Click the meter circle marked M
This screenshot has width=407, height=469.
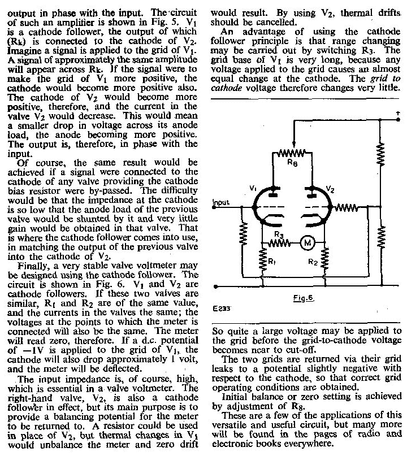click(309, 243)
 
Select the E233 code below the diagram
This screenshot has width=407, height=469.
click(222, 310)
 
